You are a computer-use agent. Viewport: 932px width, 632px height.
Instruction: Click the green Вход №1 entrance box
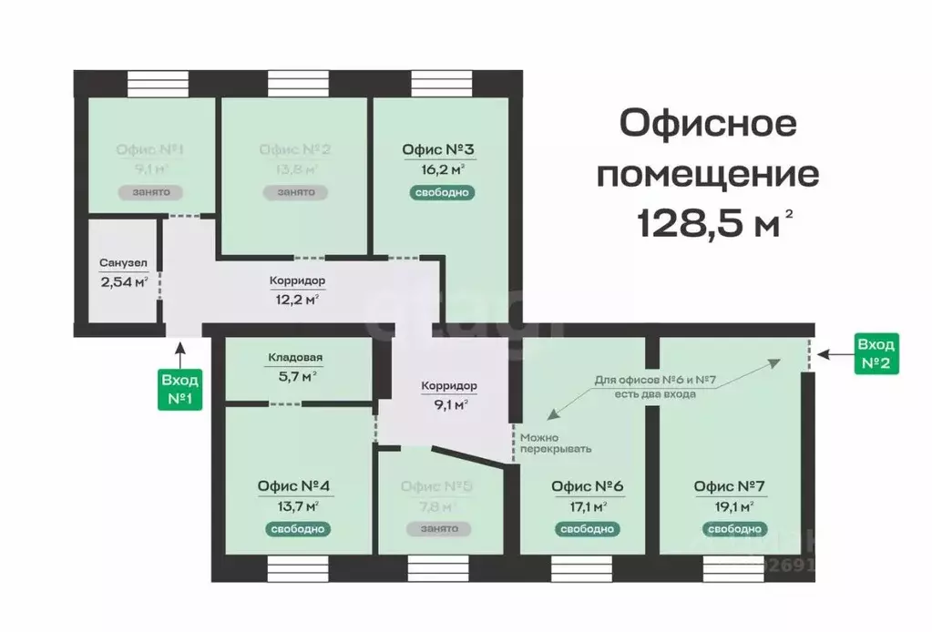pyautogui.click(x=180, y=389)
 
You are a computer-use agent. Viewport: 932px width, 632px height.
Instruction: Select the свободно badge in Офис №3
pyautogui.click(x=442, y=192)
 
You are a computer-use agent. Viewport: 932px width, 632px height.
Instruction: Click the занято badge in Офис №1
pyautogui.click(x=149, y=192)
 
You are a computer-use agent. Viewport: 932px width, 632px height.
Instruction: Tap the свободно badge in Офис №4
pyautogui.click(x=298, y=528)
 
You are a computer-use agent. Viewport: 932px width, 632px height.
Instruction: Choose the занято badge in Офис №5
pyautogui.click(x=440, y=528)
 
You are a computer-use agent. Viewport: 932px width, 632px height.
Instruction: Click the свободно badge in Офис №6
pyautogui.click(x=588, y=528)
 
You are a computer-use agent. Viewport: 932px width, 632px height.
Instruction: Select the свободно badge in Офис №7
pyautogui.click(x=733, y=528)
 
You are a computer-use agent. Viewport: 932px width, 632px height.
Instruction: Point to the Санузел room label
pyautogui.click(x=123, y=264)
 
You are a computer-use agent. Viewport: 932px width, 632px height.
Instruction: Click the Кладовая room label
pyautogui.click(x=295, y=358)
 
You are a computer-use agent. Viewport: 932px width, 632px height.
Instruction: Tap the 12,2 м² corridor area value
pyautogui.click(x=298, y=298)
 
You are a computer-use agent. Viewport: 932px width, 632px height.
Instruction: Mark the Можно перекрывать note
pyautogui.click(x=555, y=443)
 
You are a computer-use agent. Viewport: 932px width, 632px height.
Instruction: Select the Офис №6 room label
pyautogui.click(x=588, y=485)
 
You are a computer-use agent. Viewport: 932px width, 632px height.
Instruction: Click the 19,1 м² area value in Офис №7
pyautogui.click(x=733, y=506)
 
